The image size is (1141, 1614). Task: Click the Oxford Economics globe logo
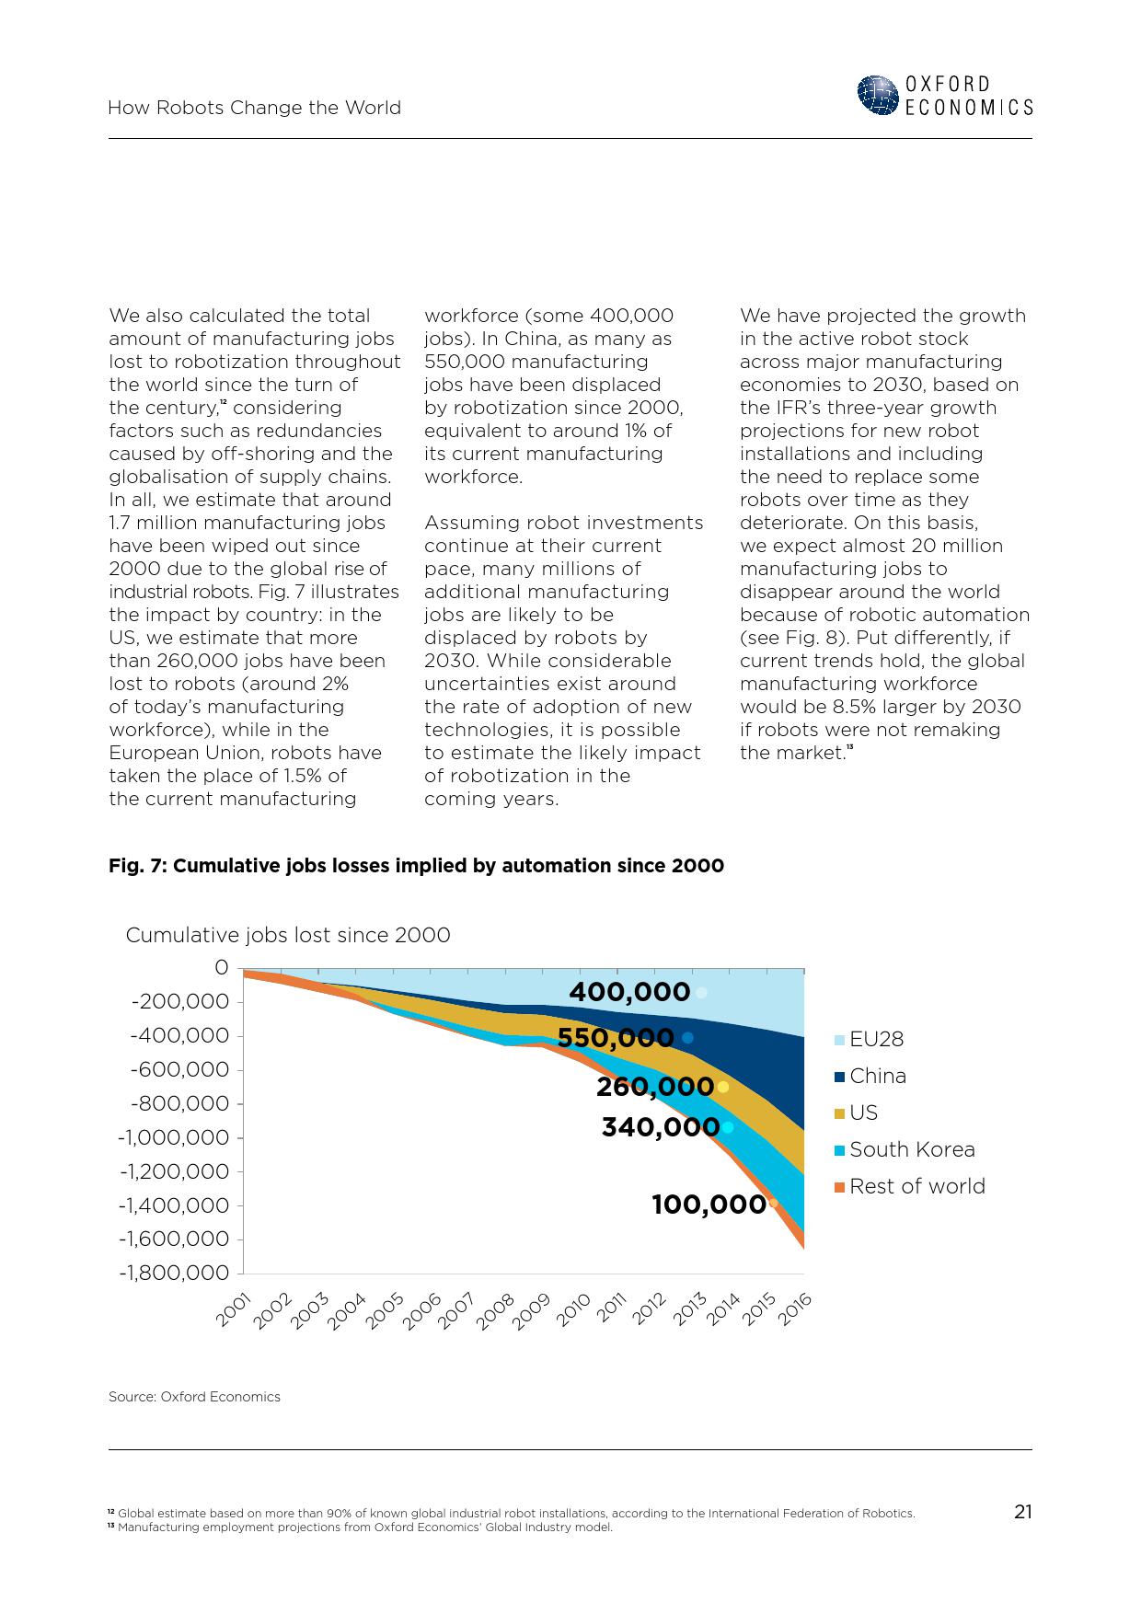pos(878,96)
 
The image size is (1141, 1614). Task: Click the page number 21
pos(1022,1512)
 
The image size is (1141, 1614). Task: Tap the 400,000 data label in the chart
pos(629,992)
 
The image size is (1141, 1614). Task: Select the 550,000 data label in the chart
pos(616,1038)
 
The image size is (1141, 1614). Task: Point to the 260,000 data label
pos(654,1087)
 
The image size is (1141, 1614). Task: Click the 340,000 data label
pos(660,1127)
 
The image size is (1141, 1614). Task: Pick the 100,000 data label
pos(709,1205)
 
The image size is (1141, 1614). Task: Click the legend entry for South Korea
pos(911,1149)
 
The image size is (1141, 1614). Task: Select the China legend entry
pos(877,1076)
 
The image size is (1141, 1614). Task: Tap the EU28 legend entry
pos(875,1039)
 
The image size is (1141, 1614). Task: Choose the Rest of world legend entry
pos(916,1186)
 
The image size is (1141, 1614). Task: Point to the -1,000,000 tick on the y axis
pos(173,1137)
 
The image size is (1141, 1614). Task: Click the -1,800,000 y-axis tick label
pos(173,1273)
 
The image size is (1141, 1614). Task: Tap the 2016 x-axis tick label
pos(795,1308)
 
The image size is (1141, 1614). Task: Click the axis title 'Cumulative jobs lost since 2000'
pos(288,935)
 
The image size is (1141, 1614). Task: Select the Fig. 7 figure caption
pos(416,866)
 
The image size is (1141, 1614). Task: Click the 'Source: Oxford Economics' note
pos(194,1397)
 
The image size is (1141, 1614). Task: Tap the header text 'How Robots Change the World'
pos(254,108)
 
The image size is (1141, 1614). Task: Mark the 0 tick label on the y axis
pos(221,968)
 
